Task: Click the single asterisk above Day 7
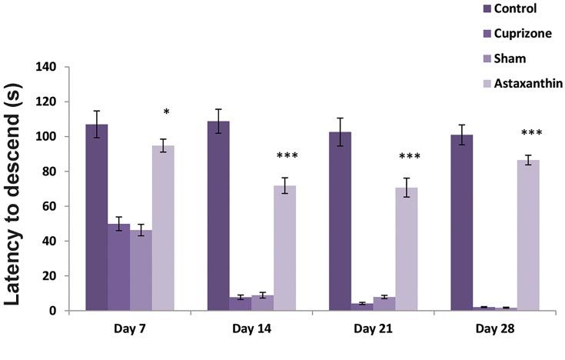point(166,113)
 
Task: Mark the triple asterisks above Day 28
point(531,134)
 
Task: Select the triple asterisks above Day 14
point(287,157)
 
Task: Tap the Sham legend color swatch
point(464,58)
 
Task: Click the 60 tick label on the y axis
point(49,206)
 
